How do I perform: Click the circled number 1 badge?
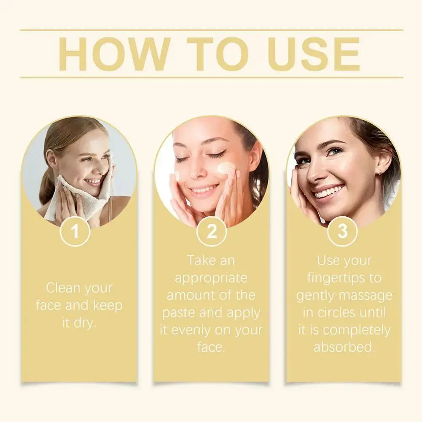tap(75, 231)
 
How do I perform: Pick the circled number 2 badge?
tap(211, 231)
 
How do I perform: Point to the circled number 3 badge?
tap(342, 231)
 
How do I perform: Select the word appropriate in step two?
tap(211, 279)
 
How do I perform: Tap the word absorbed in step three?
tap(344, 347)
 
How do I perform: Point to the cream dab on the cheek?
tap(226, 168)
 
